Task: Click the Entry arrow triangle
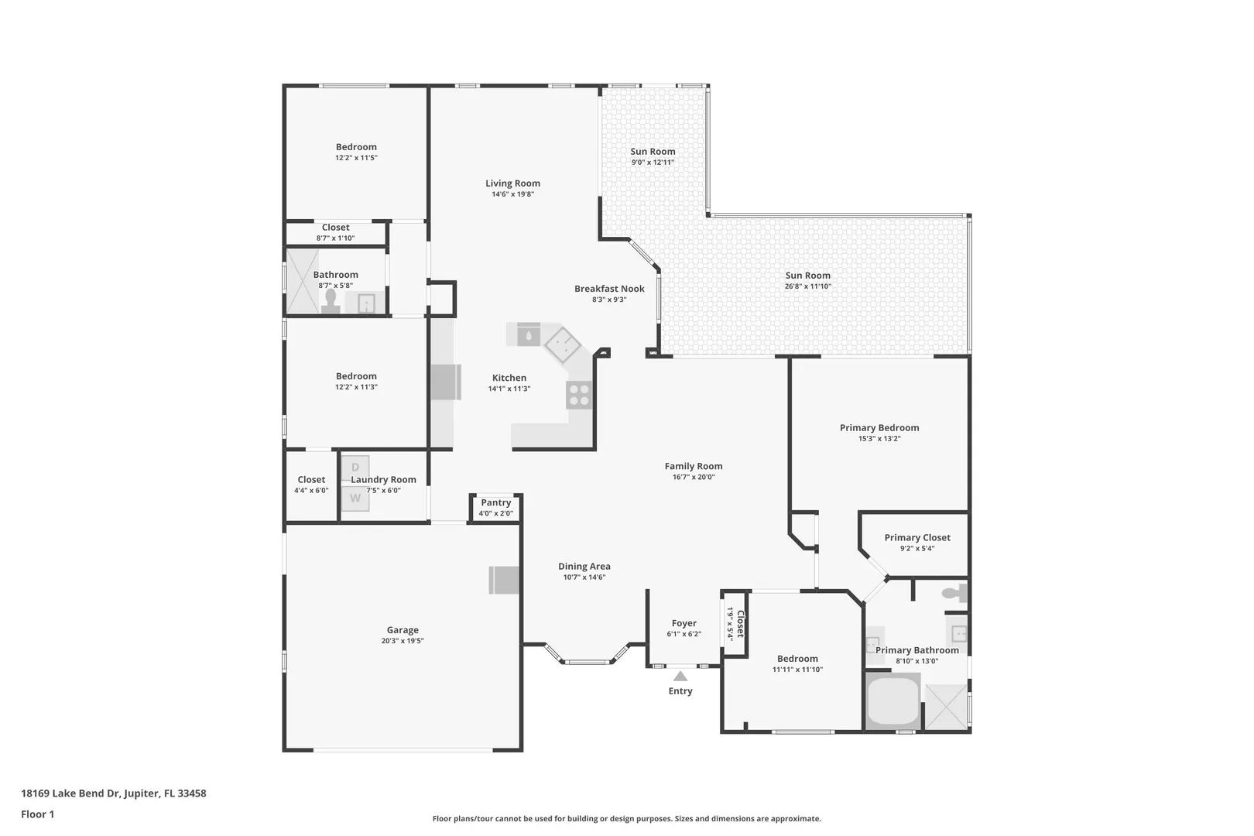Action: click(x=680, y=677)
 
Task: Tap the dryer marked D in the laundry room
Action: click(x=355, y=468)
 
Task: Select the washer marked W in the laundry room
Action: click(x=355, y=499)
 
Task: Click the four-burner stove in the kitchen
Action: click(x=579, y=394)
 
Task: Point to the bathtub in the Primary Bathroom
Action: click(x=893, y=701)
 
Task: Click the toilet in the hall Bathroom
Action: click(x=331, y=300)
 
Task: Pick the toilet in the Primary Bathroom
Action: click(x=955, y=592)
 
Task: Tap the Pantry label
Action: click(x=496, y=502)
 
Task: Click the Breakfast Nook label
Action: click(x=609, y=289)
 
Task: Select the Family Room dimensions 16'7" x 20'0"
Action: click(x=694, y=477)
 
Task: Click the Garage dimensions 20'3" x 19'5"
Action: click(x=403, y=641)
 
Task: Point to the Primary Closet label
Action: click(x=917, y=537)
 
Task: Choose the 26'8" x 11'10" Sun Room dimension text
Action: click(x=808, y=286)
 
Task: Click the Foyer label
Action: click(x=684, y=623)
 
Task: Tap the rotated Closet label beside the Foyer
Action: click(x=741, y=624)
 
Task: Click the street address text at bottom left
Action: click(x=114, y=793)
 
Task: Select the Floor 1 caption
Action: click(x=37, y=814)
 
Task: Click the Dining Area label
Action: click(x=584, y=566)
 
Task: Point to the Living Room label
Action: click(x=512, y=183)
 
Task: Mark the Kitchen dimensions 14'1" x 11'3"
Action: click(x=509, y=389)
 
